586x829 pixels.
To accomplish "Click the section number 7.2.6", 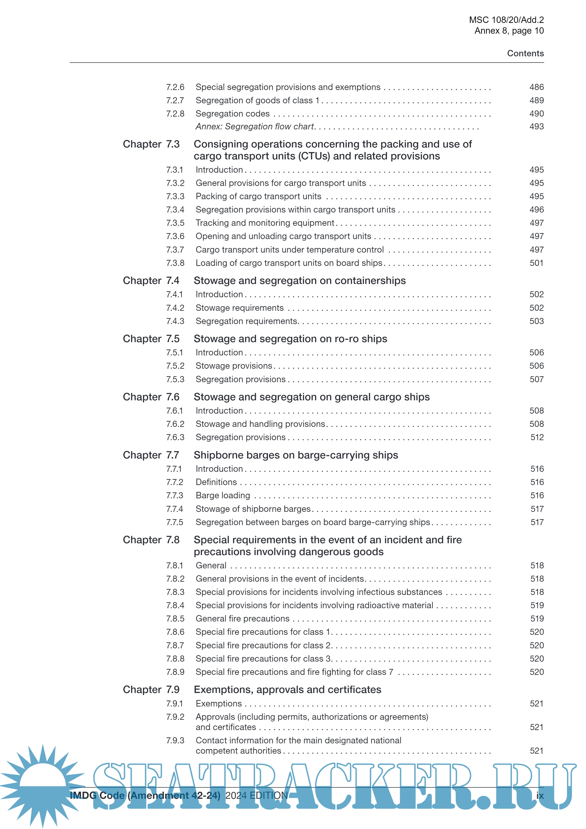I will coord(175,87).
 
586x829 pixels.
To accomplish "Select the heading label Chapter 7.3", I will coord(151,144).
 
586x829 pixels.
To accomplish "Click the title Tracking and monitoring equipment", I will coord(265,223).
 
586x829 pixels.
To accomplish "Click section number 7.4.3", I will coord(175,321).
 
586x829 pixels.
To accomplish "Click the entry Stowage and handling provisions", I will coord(260,424).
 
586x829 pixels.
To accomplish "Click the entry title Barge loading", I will coord(223,495).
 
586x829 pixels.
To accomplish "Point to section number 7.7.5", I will coord(175,522).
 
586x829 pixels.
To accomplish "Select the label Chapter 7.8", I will coord(151,540).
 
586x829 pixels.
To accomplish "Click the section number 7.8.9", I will coord(175,672).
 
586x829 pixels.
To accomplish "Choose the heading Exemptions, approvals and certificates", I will coord(287,690).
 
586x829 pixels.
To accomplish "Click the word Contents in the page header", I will coord(525,53).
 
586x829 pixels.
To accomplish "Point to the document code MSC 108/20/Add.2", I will coord(506,20).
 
